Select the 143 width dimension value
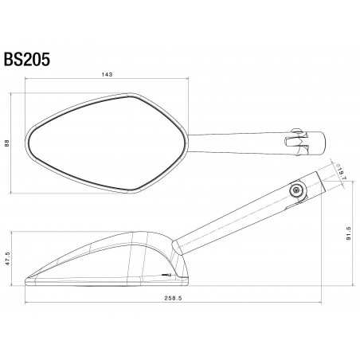[107, 75]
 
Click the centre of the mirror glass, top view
[94, 142]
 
